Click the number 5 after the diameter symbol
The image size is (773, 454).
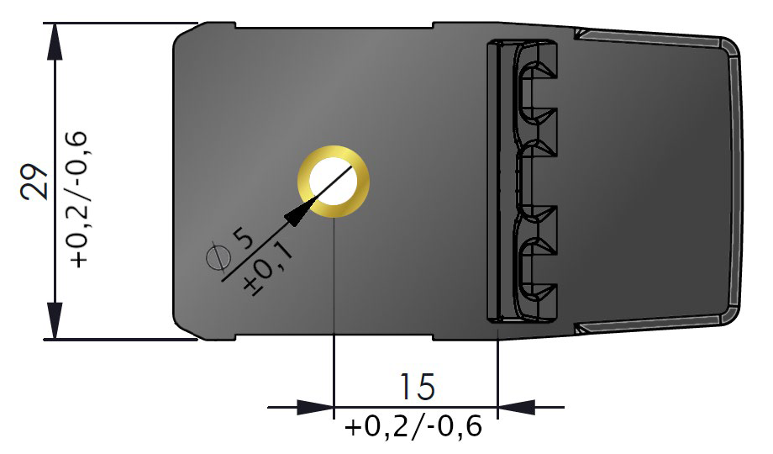coord(243,239)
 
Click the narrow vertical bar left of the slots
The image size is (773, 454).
coord(493,181)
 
